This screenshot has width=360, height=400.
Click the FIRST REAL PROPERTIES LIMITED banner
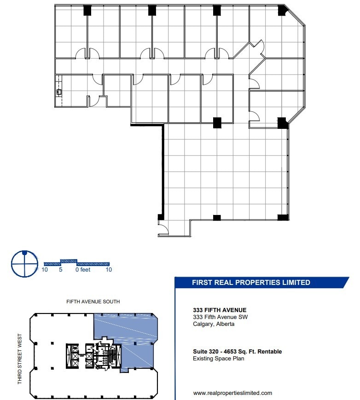point(251,283)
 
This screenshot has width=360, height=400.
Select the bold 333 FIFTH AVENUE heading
point(220,310)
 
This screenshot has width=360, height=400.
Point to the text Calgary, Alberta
point(214,324)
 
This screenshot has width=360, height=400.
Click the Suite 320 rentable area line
point(237,352)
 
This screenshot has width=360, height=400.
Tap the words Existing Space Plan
point(219,359)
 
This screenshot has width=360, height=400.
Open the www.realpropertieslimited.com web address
point(232,393)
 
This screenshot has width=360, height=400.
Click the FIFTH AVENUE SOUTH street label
point(93,301)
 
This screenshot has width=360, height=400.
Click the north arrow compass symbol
point(24,264)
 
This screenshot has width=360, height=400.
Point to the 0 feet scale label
point(83,270)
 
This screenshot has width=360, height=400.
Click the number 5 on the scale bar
point(60,270)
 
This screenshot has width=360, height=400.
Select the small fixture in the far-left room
point(58,92)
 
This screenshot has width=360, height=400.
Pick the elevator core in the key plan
point(72,355)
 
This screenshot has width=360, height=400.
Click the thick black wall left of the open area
point(163,170)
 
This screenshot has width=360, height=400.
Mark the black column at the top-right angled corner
point(282,10)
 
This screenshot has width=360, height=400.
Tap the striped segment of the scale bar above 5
point(69,261)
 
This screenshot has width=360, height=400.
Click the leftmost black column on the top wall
point(87,10)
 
